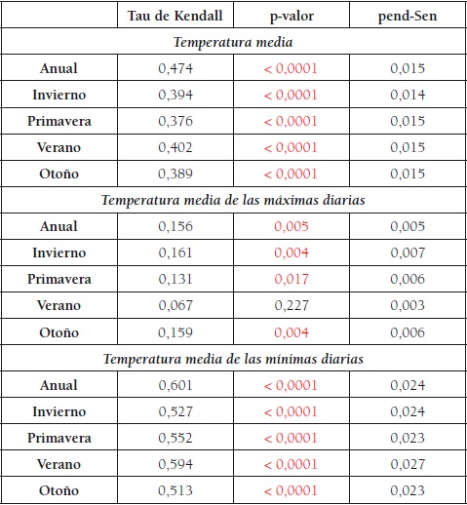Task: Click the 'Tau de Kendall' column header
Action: click(175, 17)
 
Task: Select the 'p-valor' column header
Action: click(291, 17)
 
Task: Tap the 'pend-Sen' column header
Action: click(407, 17)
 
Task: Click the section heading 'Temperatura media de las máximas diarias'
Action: click(233, 201)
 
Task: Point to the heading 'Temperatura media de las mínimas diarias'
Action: click(233, 359)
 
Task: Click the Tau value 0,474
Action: click(175, 69)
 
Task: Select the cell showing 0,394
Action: click(175, 96)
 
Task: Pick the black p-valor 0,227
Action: click(291, 306)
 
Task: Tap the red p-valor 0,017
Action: click(291, 280)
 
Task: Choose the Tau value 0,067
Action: click(175, 306)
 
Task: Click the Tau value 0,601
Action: click(175, 385)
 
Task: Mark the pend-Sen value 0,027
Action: click(407, 464)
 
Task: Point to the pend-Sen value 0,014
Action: click(407, 96)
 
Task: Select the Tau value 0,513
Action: click(175, 490)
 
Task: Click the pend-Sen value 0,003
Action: click(407, 306)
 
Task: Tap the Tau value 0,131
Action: click(175, 280)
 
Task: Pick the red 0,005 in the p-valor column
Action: click(291, 227)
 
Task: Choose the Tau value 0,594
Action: click(175, 464)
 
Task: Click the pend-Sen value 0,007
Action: click(407, 253)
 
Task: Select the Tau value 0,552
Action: click(175, 438)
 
